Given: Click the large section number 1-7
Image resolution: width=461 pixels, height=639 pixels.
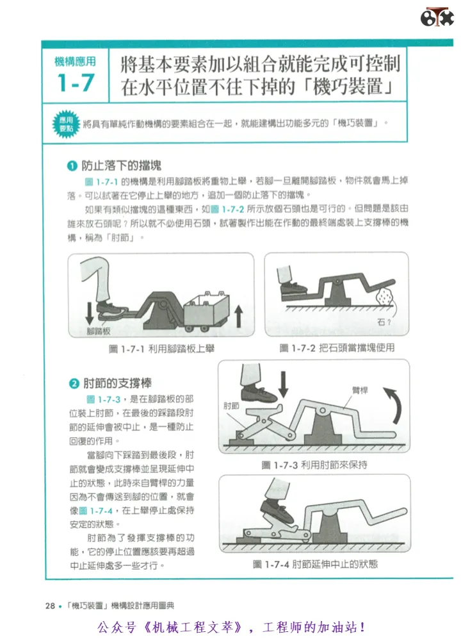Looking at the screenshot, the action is (x=76, y=83).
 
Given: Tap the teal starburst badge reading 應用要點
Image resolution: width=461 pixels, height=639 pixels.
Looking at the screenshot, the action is (x=66, y=124).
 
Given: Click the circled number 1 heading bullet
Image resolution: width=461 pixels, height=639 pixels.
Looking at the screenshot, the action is (x=72, y=166).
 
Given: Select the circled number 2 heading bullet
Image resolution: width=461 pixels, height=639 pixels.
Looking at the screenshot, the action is (x=74, y=383).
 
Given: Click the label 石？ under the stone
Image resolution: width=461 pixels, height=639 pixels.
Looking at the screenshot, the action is (x=384, y=322).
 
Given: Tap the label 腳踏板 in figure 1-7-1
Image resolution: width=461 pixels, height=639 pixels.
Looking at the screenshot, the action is (x=99, y=331).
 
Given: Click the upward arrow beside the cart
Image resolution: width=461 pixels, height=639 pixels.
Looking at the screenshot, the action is (x=239, y=317).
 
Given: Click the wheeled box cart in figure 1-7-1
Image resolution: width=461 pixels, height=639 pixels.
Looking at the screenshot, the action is (x=207, y=311).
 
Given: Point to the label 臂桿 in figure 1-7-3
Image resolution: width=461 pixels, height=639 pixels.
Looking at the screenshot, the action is (x=360, y=390).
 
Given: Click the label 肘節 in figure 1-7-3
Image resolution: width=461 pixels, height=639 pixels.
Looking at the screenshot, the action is (x=231, y=406).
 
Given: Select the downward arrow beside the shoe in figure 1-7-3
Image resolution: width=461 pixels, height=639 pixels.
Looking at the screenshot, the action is (x=284, y=384).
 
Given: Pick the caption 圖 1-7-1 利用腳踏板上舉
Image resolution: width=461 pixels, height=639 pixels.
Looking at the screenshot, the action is (x=162, y=349).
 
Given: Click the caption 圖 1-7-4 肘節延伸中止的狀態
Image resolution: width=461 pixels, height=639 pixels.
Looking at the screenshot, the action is (x=315, y=564).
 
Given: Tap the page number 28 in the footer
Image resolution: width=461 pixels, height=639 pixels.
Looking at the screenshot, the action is (x=50, y=606).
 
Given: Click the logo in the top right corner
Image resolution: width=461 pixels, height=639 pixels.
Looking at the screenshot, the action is (x=437, y=17).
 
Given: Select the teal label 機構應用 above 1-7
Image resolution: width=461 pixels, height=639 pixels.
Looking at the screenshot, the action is (x=76, y=62).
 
